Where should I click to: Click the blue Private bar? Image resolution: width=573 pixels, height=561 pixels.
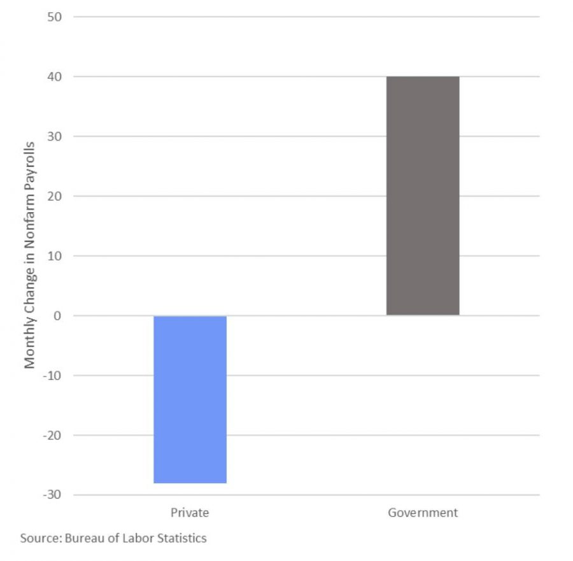click(190, 399)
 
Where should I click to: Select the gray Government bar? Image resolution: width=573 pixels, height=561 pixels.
click(423, 196)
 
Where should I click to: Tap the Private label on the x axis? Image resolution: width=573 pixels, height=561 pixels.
click(190, 513)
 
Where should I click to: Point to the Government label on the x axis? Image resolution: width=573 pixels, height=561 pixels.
click(423, 513)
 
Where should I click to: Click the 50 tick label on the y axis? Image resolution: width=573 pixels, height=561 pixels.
click(54, 17)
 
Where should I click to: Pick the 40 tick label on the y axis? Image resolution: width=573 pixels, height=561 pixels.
click(54, 76)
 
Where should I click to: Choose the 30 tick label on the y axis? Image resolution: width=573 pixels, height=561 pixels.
click(54, 136)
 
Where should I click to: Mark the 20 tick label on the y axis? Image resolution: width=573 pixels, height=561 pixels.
click(54, 196)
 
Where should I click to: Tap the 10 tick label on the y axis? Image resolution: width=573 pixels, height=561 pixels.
click(54, 256)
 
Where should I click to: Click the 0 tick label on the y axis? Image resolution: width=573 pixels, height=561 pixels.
click(57, 316)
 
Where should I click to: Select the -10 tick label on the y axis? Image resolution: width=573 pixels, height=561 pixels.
click(52, 376)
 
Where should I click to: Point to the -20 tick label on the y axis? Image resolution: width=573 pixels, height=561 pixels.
click(52, 436)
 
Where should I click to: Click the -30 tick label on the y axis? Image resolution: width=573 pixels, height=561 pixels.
click(52, 495)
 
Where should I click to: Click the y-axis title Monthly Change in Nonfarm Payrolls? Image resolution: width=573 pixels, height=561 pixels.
click(29, 255)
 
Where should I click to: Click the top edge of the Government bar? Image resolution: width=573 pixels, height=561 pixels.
click(423, 77)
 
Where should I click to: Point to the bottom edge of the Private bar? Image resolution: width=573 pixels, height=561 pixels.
click(190, 483)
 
